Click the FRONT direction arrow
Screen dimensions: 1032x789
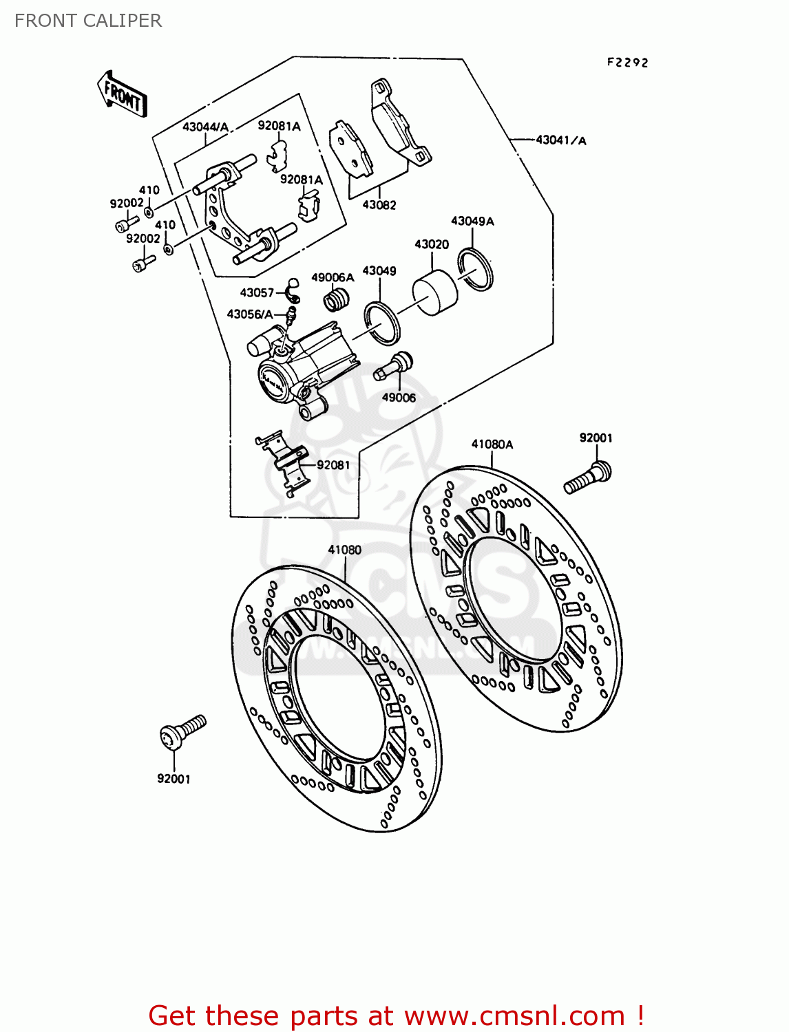(x=123, y=94)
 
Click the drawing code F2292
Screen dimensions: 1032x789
(x=627, y=63)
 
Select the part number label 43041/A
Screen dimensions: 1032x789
(x=560, y=140)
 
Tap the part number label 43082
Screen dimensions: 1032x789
(x=379, y=205)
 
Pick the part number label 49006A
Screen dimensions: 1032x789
(x=333, y=277)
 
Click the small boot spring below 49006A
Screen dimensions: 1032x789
(x=337, y=300)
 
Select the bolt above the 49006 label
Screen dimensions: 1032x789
(x=392, y=365)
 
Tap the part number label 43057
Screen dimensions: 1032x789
(x=257, y=293)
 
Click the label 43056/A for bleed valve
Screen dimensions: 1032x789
(x=250, y=314)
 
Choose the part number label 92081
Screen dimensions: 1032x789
(x=333, y=465)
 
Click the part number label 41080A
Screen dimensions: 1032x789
(x=492, y=444)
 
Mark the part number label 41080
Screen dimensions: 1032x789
(x=344, y=550)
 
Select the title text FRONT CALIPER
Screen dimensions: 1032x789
(x=88, y=21)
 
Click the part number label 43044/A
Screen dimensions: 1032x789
(x=205, y=127)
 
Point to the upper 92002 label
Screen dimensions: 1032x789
(x=127, y=204)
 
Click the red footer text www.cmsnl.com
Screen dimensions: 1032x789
(x=514, y=1016)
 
